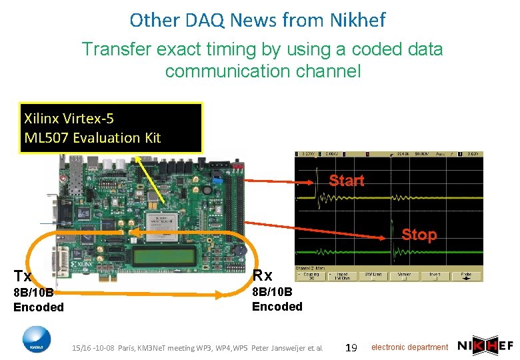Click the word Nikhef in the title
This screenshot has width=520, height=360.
pyautogui.click(x=357, y=21)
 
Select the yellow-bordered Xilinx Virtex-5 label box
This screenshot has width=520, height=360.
pyautogui.click(x=111, y=128)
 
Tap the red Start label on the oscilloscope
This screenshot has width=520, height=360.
pyautogui.click(x=347, y=181)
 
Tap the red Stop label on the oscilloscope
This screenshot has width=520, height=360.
pyautogui.click(x=419, y=235)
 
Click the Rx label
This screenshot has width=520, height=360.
pyautogui.click(x=262, y=275)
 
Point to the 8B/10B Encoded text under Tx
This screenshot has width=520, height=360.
pyautogui.click(x=39, y=300)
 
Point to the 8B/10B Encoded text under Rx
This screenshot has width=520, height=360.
pyautogui.click(x=277, y=299)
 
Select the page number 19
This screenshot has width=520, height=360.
pyautogui.click(x=353, y=347)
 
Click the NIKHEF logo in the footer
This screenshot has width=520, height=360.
pyautogui.click(x=484, y=346)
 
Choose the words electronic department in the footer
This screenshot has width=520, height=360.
pyautogui.click(x=409, y=347)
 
